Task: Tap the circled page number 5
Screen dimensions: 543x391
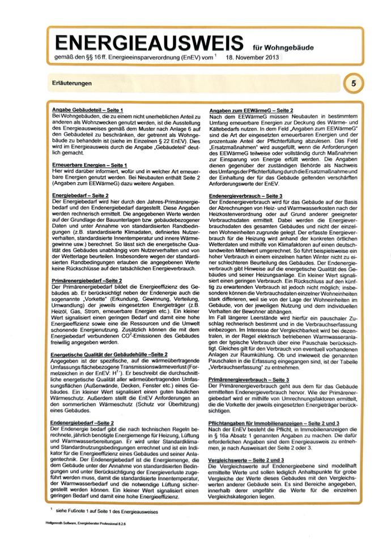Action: click(x=354, y=84)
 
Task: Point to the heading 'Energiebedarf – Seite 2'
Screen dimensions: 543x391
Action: click(x=80, y=195)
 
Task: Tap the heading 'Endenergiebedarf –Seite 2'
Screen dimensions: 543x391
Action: click(x=82, y=422)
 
